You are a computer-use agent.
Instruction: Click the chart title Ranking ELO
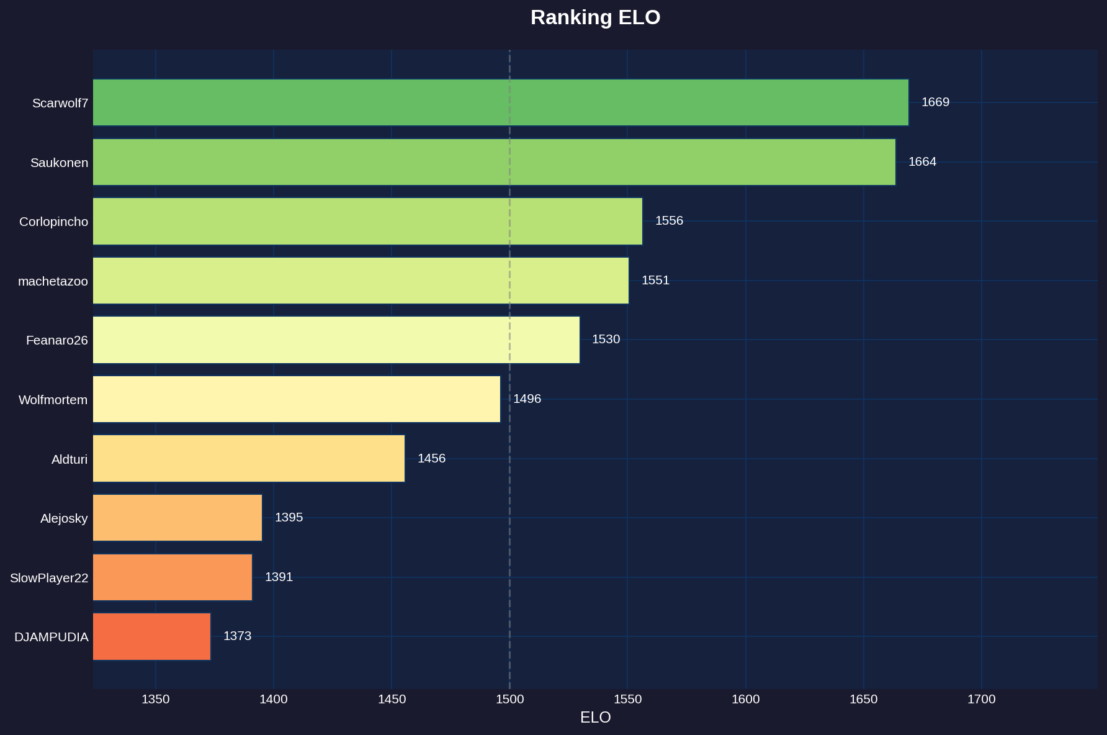coord(595,17)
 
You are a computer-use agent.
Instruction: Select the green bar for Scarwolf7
coord(500,102)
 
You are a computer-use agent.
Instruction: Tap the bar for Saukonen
coord(494,162)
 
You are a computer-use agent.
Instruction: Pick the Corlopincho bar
coord(367,221)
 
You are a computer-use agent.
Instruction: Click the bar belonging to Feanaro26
coord(336,340)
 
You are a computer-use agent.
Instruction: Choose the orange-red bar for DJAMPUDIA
coord(151,636)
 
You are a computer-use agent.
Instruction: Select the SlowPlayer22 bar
coord(173,577)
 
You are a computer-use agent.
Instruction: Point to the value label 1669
coord(935,102)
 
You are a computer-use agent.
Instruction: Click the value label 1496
coord(527,399)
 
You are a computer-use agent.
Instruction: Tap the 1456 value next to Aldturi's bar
coord(431,459)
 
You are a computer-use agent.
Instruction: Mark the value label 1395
coord(289,518)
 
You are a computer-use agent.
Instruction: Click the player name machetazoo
coord(53,281)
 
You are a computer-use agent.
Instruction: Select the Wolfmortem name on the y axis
coord(53,400)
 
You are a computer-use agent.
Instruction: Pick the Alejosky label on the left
coord(64,518)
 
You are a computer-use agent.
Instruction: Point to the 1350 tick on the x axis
coord(155,700)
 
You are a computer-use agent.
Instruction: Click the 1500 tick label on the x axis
coord(509,700)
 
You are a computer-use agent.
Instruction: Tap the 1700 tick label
coord(981,700)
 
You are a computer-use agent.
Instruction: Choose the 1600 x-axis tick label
coord(745,700)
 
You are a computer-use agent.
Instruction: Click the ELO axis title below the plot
coord(595,718)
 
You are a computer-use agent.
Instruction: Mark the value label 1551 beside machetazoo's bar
coord(655,281)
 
